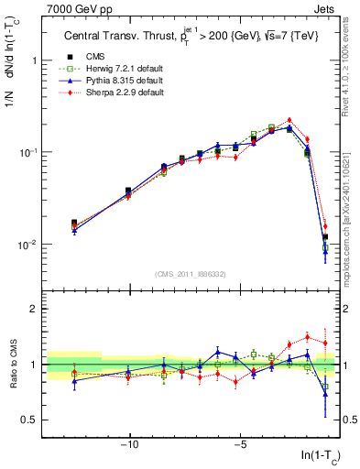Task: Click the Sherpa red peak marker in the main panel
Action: pos(289,120)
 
